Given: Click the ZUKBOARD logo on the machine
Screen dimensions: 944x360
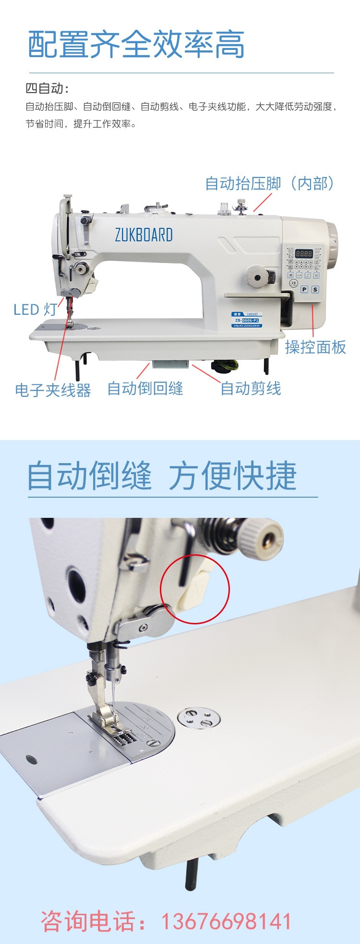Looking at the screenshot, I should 144,235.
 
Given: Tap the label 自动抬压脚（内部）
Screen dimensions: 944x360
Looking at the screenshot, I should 269,183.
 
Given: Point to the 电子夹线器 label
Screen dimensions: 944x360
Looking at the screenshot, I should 53,390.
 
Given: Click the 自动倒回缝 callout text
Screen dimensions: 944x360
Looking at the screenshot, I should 145,388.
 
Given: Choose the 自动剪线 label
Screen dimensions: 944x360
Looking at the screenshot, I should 251,388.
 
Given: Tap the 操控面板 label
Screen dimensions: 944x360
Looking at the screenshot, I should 315,347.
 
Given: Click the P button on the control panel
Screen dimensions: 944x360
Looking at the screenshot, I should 304,289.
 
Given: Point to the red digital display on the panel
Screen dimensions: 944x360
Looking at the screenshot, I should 303,253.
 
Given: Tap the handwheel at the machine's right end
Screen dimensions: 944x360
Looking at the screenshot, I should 332,238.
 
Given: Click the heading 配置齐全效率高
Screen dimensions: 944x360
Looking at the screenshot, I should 136,45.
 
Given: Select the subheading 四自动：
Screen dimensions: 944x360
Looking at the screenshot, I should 47,89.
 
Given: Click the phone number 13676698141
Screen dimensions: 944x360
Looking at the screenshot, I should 226,922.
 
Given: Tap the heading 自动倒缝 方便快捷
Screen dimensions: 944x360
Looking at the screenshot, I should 162,476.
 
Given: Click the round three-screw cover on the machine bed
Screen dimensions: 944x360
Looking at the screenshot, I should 199,718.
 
